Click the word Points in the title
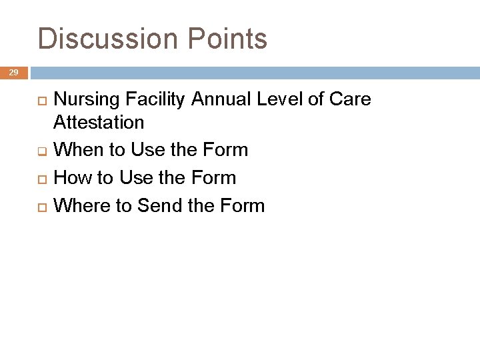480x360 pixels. [227, 39]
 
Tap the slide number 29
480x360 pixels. [14, 72]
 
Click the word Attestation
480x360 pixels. [98, 122]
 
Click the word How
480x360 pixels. [69, 178]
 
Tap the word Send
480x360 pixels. [159, 205]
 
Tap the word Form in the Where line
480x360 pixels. [242, 205]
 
